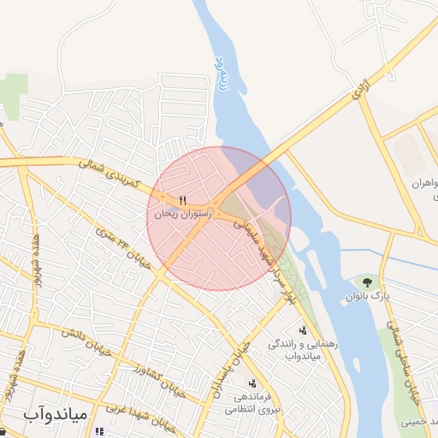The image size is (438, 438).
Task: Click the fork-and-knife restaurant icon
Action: click(182, 201)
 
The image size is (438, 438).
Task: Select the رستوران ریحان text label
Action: click(177, 215)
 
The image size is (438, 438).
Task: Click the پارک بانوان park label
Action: click(368, 296)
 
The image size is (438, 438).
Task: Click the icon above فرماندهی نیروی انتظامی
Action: click(252, 383)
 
